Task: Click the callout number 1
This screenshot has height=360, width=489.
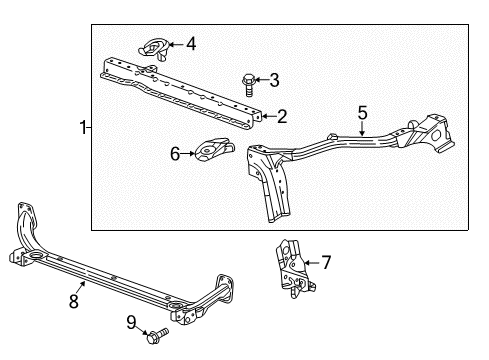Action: tap(84, 127)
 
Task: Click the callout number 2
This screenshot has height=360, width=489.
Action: tap(282, 117)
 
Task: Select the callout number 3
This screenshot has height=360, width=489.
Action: tap(274, 79)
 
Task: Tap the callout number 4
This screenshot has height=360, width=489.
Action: tap(191, 43)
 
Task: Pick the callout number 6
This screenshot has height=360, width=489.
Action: tap(176, 154)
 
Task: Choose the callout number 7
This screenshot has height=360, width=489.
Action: tap(325, 264)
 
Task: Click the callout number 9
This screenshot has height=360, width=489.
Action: tap(132, 322)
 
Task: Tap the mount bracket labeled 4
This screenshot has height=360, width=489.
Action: tap(154, 47)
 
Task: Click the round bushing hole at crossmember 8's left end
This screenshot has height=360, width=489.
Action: tap(36, 259)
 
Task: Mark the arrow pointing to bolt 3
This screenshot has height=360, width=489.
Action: tap(261, 79)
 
